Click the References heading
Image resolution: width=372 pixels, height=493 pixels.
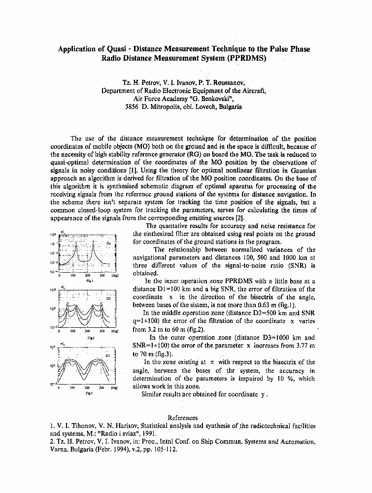[183, 418]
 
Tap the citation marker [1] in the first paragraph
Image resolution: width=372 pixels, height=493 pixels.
[118, 170]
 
